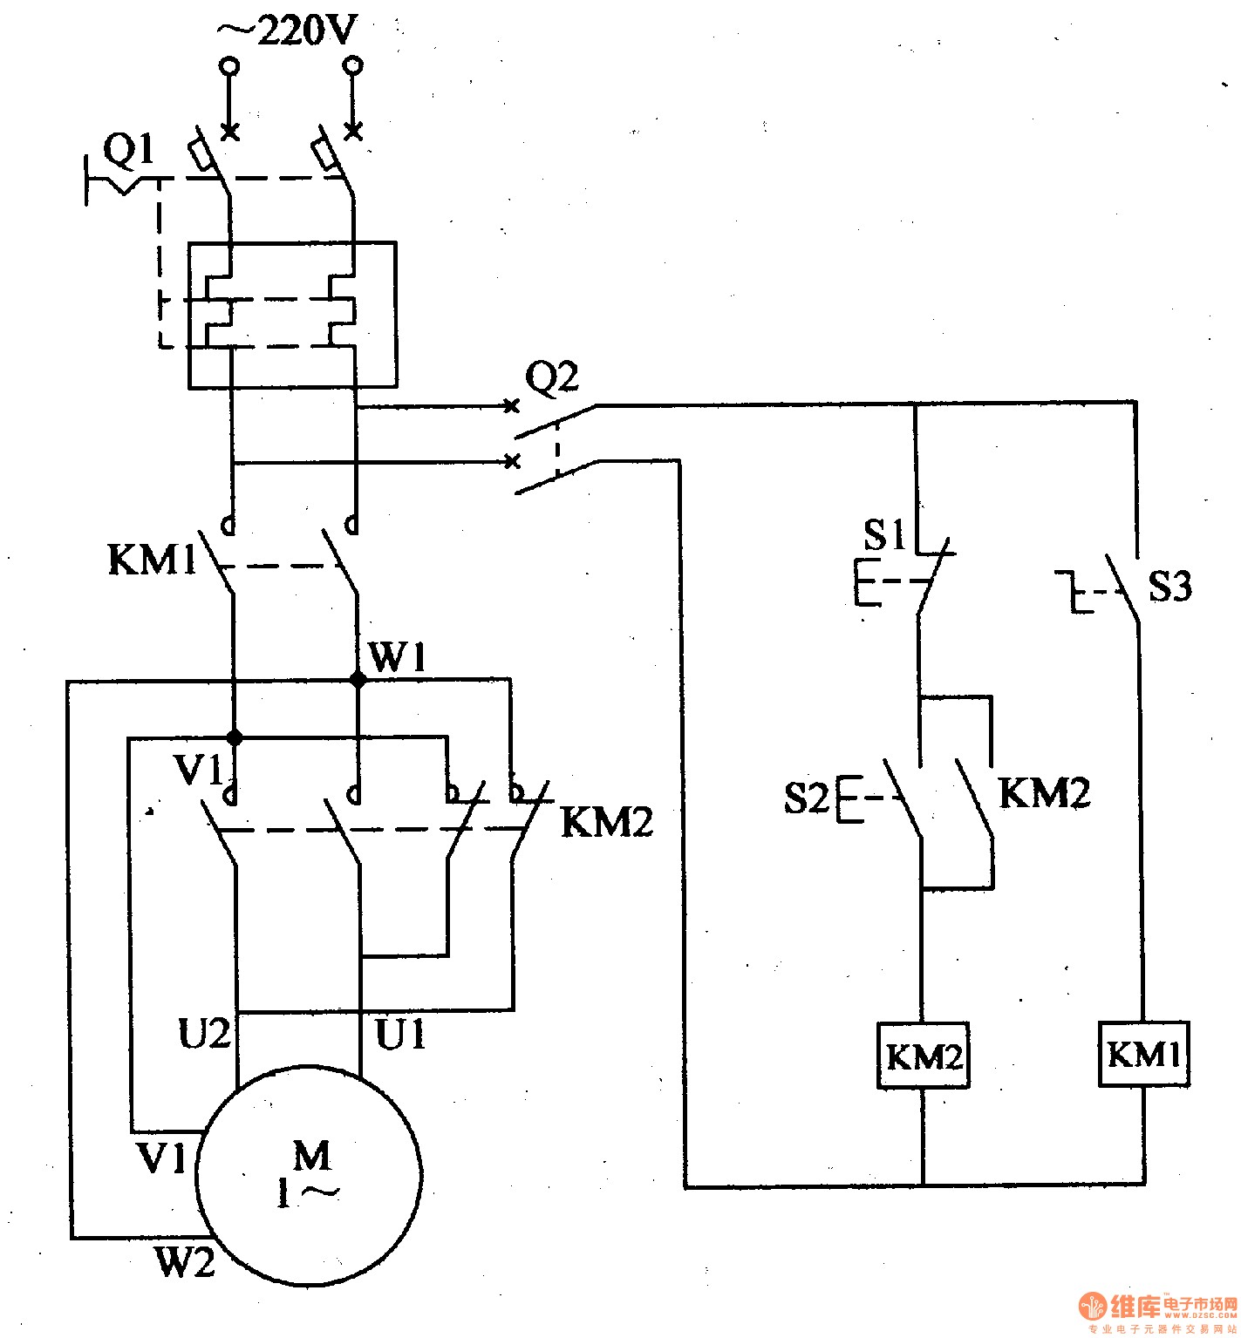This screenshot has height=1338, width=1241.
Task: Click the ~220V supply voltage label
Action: tap(286, 31)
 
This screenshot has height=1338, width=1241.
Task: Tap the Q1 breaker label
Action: tap(129, 152)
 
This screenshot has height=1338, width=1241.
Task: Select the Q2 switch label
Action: tap(551, 378)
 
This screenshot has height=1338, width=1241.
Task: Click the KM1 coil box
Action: tap(1143, 1055)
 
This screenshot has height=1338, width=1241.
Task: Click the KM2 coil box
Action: tap(924, 1056)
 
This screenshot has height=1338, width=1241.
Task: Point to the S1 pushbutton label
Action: tap(885, 534)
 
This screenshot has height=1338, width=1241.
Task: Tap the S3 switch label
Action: tap(1169, 587)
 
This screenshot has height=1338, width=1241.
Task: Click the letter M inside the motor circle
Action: tap(311, 1156)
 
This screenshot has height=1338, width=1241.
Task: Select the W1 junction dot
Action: tap(358, 679)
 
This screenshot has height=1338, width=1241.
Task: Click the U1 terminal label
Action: tap(400, 1035)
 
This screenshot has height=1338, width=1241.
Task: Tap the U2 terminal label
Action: tap(206, 1034)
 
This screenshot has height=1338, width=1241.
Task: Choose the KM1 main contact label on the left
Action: tap(153, 560)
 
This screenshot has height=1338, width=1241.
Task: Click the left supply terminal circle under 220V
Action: tap(229, 66)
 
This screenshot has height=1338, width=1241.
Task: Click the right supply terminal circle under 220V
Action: tap(353, 66)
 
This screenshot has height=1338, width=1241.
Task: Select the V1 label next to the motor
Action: tap(162, 1158)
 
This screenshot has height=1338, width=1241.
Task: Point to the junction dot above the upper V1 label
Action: tap(234, 737)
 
